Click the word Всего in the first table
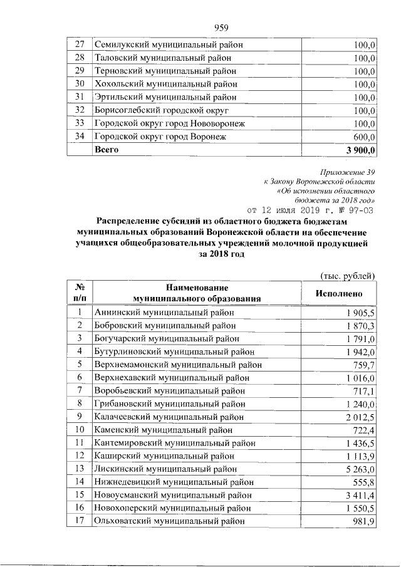coord(106,150)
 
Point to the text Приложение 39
coord(347,170)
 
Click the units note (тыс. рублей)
coord(347,275)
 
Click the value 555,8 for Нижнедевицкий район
coord(364,482)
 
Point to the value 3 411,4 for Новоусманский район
coord(360,495)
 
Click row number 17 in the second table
coord(80,521)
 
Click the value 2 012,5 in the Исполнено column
coord(360,417)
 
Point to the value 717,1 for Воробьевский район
coord(364,391)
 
